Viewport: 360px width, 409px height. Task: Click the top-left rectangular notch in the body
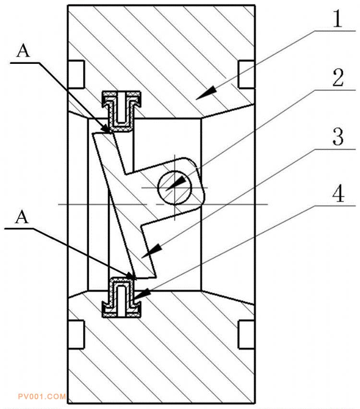(76, 74)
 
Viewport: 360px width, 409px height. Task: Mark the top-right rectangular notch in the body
(246, 74)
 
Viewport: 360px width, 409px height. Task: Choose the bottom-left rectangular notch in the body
(76, 334)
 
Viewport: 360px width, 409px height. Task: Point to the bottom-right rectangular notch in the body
(246, 334)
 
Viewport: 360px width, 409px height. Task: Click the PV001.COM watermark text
(41, 397)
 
